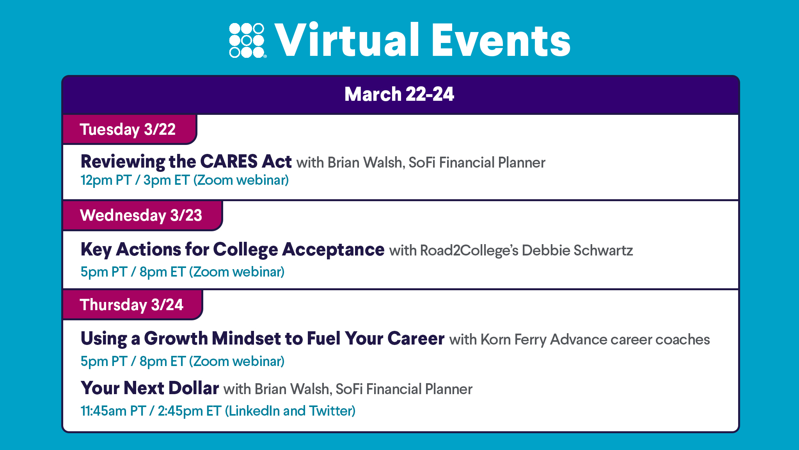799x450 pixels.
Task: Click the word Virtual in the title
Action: click(347, 40)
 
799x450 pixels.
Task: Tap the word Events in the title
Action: click(501, 40)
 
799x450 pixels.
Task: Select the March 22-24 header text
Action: click(399, 94)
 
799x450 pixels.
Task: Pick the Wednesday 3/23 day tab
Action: click(142, 215)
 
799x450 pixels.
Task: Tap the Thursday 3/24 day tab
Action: click(133, 305)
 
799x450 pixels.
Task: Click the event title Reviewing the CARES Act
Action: click(186, 162)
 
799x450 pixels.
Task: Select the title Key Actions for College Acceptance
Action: click(233, 250)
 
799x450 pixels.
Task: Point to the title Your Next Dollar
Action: click(150, 388)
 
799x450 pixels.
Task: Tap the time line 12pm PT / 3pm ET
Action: click(135, 180)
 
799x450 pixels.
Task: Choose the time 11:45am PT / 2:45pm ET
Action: click(151, 411)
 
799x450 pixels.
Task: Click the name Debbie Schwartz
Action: click(577, 250)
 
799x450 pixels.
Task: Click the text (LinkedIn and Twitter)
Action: click(290, 411)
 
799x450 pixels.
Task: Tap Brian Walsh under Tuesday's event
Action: click(366, 163)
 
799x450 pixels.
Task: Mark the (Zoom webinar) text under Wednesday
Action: click(237, 272)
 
